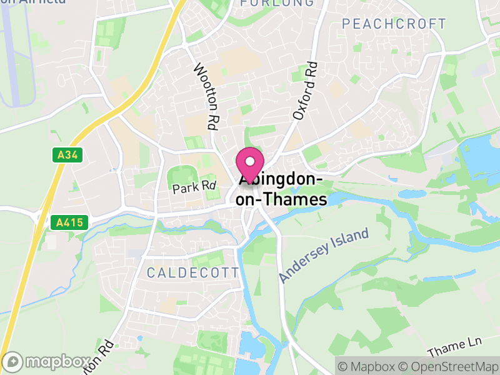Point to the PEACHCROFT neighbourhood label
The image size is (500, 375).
click(x=394, y=24)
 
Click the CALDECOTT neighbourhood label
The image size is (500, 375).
click(x=192, y=272)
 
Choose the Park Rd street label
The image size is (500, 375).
click(x=194, y=186)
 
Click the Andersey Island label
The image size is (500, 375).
click(x=324, y=256)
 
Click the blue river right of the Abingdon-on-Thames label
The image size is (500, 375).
click(x=341, y=198)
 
